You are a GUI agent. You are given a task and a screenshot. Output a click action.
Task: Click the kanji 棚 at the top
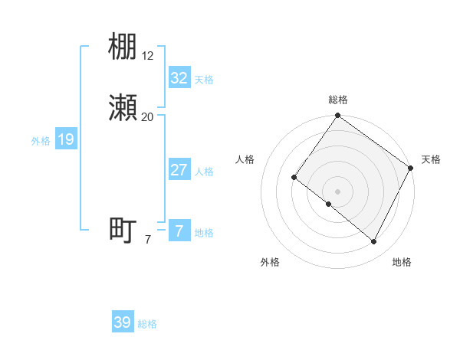coord(123,48)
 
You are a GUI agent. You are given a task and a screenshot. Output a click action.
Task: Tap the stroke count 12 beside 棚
coord(148,55)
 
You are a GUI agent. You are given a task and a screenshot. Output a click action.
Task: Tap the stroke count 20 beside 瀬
coord(148,116)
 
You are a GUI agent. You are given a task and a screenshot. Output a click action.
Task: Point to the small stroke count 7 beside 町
coord(148,240)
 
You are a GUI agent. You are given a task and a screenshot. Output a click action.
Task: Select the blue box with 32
coord(179,78)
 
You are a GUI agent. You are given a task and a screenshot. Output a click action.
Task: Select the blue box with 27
coord(179,170)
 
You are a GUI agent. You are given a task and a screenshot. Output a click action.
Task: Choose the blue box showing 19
coord(66,140)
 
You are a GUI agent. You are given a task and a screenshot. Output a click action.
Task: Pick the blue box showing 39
coord(123,322)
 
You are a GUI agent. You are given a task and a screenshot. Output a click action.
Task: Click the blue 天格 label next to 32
coord(204,80)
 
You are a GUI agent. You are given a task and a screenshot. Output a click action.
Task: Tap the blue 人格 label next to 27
coord(204,172)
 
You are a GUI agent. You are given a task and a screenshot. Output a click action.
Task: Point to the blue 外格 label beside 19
coord(41,141)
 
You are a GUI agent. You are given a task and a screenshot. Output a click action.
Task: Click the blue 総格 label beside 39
coord(148,324)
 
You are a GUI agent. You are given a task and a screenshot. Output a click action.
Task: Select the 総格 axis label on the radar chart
coord(337,100)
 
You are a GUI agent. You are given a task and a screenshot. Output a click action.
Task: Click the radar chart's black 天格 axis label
coord(431,159)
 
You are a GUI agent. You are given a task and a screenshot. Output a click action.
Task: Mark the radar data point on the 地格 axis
coord(374,242)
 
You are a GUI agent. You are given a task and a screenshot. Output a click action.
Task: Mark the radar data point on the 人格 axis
coord(294,178)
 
